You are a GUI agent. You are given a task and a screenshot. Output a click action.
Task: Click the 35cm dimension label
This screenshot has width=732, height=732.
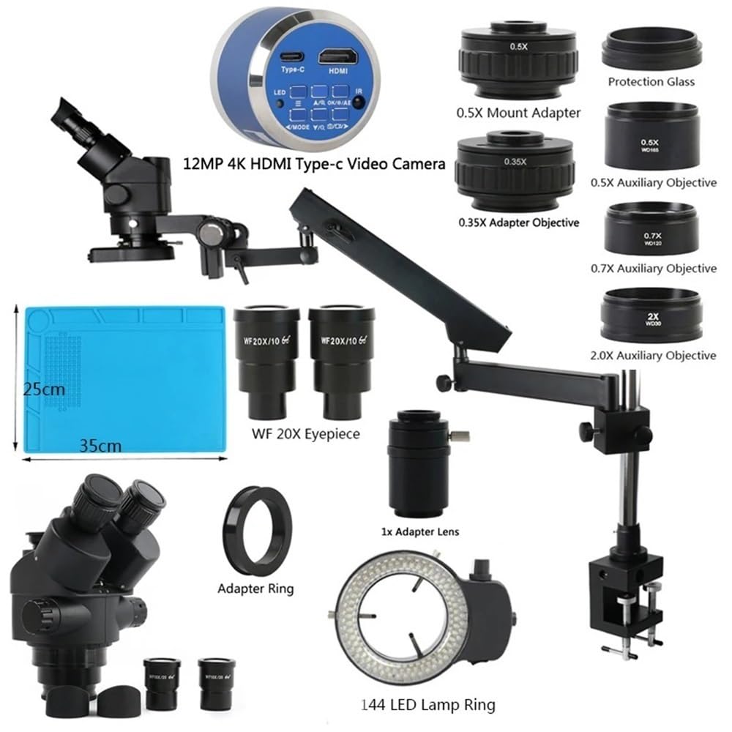click(x=98, y=444)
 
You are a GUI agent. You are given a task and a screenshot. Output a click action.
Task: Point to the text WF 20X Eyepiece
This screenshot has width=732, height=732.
click(x=306, y=434)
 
